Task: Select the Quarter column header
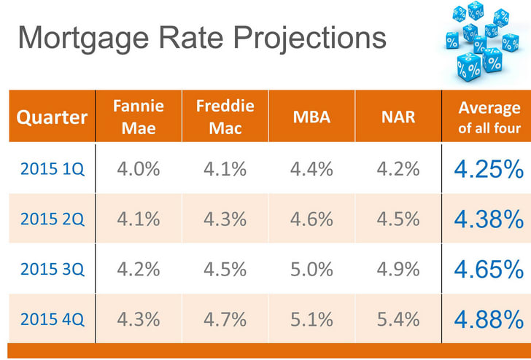[x=52, y=117]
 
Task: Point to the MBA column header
[x=311, y=117]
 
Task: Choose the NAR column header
[x=398, y=117]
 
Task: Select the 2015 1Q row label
[x=52, y=170]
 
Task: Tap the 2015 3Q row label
[x=52, y=270]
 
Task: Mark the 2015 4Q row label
[x=52, y=319]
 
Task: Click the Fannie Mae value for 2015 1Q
[x=138, y=170]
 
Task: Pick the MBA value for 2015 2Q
[x=311, y=219]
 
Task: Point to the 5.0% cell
[x=311, y=269]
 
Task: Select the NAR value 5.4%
[x=398, y=318]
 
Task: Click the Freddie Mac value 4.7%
[x=225, y=318]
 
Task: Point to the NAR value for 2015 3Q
[x=398, y=269]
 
